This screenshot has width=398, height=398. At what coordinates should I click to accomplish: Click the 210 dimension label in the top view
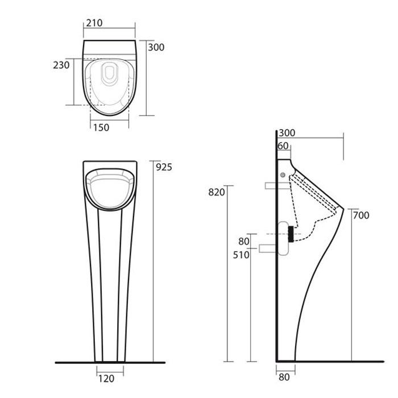[94, 23]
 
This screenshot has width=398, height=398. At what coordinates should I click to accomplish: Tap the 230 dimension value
[61, 65]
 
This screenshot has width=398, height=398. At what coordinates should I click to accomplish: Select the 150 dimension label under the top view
[101, 127]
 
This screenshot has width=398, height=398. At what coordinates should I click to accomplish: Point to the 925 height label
[164, 167]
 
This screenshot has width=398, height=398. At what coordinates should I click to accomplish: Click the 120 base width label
[106, 379]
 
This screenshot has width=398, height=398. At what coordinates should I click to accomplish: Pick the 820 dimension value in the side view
[217, 192]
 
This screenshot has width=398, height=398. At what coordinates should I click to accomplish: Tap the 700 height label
[361, 215]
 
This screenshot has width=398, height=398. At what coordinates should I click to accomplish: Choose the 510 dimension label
[241, 255]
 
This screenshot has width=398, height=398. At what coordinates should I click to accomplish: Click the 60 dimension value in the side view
[283, 146]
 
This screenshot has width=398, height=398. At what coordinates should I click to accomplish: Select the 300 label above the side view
[287, 132]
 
